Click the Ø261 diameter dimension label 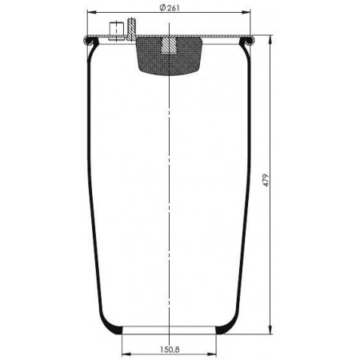[x=170, y=8]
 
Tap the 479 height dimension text [x=266, y=180]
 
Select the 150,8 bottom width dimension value [x=170, y=349]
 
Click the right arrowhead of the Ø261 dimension [x=246, y=12]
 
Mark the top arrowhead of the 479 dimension [x=270, y=40]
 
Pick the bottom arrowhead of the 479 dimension [x=270, y=329]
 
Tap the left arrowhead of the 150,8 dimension [x=126, y=354]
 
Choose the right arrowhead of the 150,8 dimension [x=212, y=354]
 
